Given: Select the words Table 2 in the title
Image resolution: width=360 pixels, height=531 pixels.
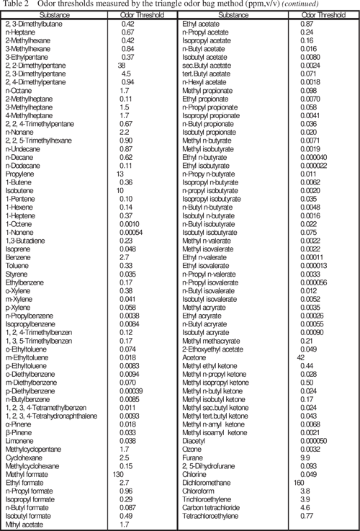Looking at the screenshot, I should [x=15, y=5].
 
